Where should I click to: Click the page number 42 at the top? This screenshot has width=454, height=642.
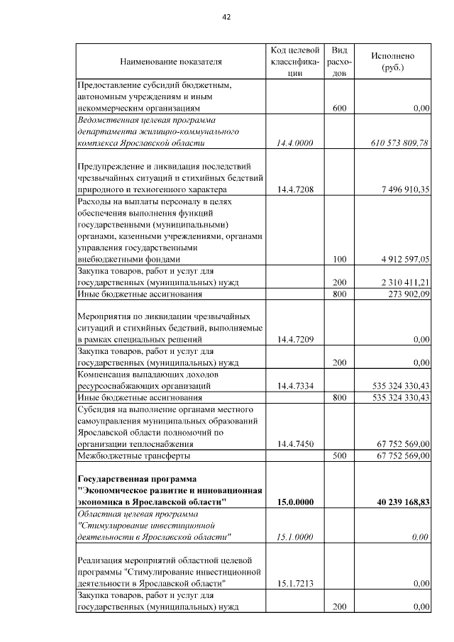pyautogui.click(x=227, y=16)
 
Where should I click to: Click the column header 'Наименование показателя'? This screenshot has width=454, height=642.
pyautogui.click(x=170, y=62)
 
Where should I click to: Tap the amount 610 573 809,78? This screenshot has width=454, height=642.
pyautogui.click(x=400, y=143)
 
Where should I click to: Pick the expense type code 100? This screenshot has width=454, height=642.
pyautogui.click(x=339, y=260)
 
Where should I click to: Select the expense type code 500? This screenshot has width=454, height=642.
pyautogui.click(x=339, y=455)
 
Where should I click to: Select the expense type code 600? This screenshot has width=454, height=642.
pyautogui.click(x=339, y=109)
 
